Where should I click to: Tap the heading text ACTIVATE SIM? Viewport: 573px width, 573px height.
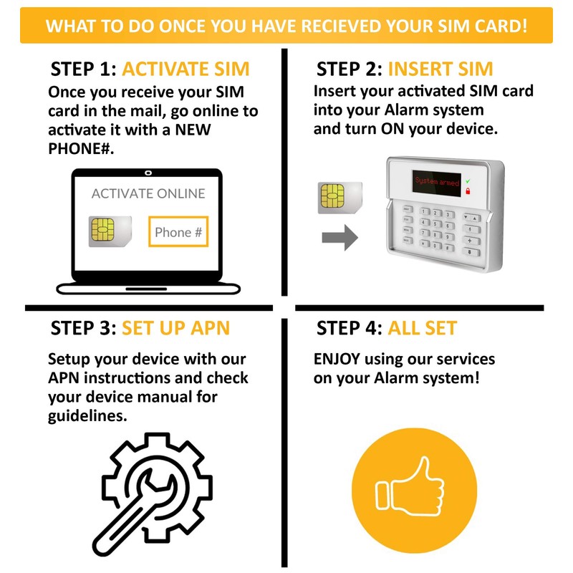tap(186, 69)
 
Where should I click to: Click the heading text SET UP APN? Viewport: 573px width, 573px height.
tap(175, 328)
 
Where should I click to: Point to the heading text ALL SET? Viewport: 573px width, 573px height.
tap(422, 328)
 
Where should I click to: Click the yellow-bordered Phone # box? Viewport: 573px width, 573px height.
tap(178, 231)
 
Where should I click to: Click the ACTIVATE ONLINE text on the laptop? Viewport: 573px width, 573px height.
tap(148, 193)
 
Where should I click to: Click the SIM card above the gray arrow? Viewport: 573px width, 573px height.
tap(340, 198)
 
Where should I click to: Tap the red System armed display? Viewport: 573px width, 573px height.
tap(437, 183)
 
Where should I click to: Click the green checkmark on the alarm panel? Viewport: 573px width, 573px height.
tap(468, 182)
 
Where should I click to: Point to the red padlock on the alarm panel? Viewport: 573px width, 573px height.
tap(468, 192)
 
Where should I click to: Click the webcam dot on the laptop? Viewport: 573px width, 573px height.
tap(148, 173)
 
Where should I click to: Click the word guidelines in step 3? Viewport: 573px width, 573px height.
tap(87, 415)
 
